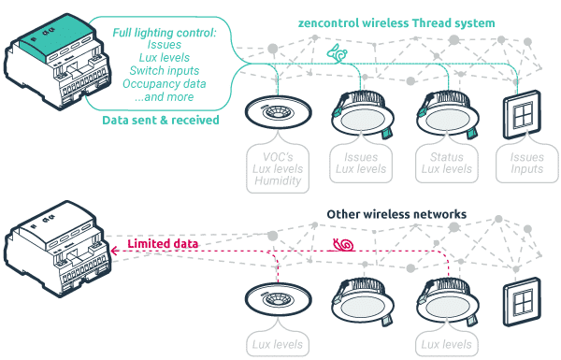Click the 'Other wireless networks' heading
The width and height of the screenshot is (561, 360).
point(396,214)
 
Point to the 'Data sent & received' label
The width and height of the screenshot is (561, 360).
point(161,121)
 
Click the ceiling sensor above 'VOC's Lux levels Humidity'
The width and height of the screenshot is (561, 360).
point(277,113)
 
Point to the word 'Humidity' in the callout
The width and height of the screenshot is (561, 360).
point(277,181)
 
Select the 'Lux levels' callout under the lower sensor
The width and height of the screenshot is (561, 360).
point(277,345)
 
